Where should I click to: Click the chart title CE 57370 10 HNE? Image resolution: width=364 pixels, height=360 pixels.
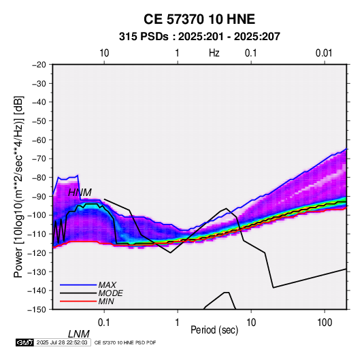(x=199, y=19)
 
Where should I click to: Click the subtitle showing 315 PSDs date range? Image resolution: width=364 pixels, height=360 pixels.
(x=199, y=37)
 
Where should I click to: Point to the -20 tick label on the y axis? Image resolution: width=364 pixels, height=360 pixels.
(x=39, y=65)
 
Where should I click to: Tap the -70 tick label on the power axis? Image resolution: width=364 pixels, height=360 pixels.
(x=39, y=159)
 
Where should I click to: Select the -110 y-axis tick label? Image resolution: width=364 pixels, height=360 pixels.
(x=37, y=234)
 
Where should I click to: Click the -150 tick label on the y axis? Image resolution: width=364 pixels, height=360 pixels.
(x=37, y=310)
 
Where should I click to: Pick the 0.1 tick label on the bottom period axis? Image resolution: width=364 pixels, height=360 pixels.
(x=104, y=323)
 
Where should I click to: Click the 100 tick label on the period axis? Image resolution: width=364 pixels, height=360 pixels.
(x=325, y=323)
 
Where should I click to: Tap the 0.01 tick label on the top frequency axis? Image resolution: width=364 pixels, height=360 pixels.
(x=324, y=53)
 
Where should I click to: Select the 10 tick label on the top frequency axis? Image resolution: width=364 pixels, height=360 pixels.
(x=104, y=53)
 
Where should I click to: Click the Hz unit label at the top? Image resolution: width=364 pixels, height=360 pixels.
(x=214, y=53)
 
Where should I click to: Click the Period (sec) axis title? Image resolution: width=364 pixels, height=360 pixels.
(x=214, y=330)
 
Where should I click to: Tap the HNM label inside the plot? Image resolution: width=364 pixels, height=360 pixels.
(x=80, y=193)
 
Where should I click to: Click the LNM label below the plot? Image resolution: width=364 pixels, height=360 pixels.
(x=79, y=334)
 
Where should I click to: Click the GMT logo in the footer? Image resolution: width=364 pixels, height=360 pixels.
(x=24, y=342)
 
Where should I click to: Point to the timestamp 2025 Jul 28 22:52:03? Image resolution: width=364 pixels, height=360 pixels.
(x=62, y=342)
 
